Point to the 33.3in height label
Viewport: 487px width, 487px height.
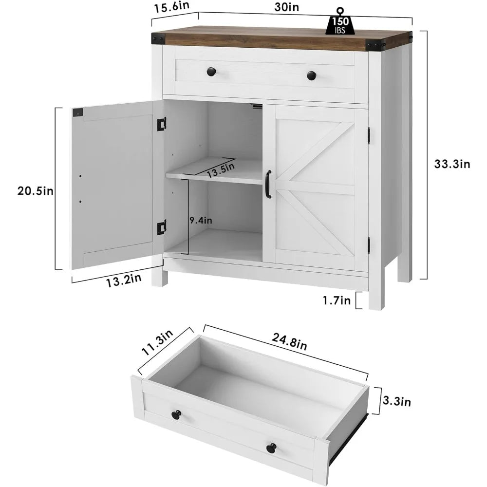click(x=452, y=164)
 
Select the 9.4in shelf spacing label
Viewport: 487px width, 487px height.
click(x=201, y=220)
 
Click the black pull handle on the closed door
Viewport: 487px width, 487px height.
click(x=268, y=184)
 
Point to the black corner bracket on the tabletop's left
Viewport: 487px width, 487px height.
click(x=157, y=37)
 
